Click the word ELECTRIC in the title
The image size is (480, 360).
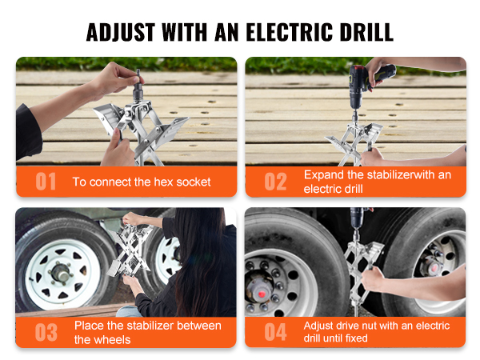click(x=290, y=32)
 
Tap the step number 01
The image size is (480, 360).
click(x=46, y=182)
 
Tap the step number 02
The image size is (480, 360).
click(x=275, y=182)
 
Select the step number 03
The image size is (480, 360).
click(x=46, y=333)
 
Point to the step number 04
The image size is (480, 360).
click(x=275, y=333)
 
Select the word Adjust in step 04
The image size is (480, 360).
click(x=318, y=326)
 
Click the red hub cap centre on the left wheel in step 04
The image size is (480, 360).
click(x=261, y=294)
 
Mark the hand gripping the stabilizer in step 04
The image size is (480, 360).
click(x=372, y=279)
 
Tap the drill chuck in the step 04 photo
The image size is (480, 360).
click(x=356, y=224)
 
